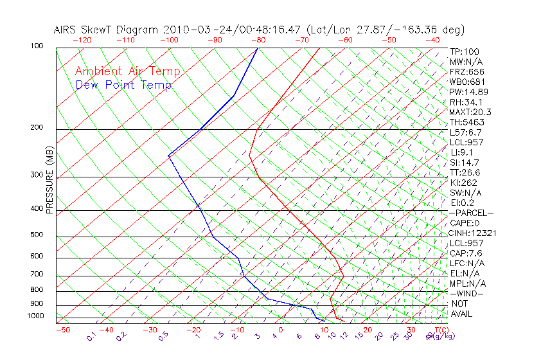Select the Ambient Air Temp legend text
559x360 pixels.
(x=128, y=72)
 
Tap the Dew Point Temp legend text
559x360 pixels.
(x=123, y=85)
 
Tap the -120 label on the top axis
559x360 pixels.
(x=82, y=40)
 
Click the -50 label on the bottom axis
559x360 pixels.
(x=62, y=330)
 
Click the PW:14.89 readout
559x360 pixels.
(x=469, y=92)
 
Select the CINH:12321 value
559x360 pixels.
(x=473, y=233)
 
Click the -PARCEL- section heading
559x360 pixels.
(x=472, y=213)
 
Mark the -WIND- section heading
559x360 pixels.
(x=468, y=293)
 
